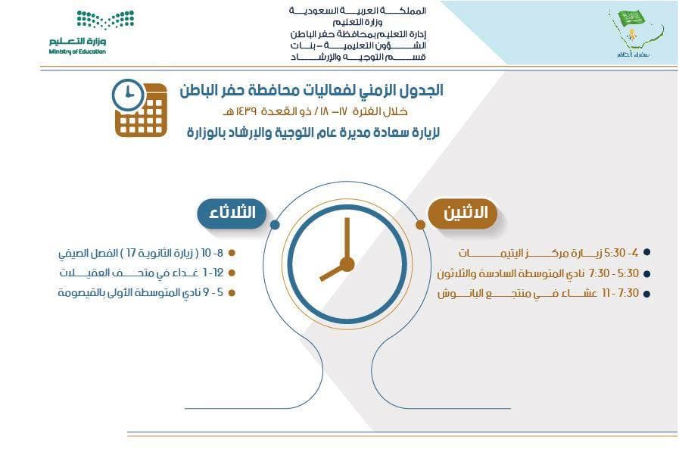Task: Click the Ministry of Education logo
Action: (83, 32)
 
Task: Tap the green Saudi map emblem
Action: (634, 32)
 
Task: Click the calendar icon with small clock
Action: (140, 109)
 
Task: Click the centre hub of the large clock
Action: (347, 264)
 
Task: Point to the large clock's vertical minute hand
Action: (347, 238)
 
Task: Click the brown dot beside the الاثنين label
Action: (420, 225)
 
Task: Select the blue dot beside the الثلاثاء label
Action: (275, 225)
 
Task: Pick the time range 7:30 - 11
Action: (618, 292)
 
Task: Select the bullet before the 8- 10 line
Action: (232, 253)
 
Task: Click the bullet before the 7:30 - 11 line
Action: (646, 293)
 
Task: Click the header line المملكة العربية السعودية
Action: (359, 11)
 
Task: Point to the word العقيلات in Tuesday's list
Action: (83, 273)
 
